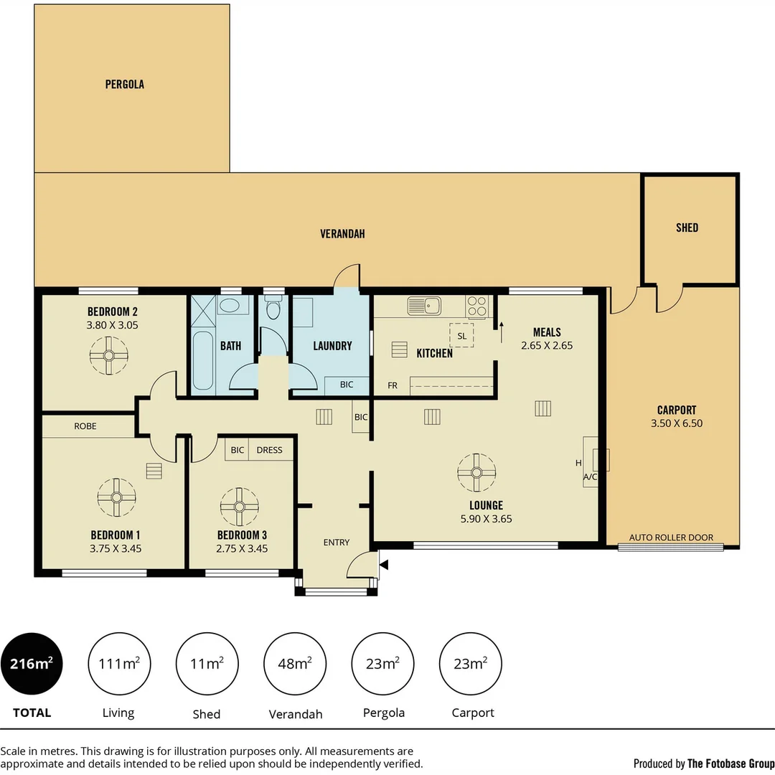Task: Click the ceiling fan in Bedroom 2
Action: click(x=108, y=355)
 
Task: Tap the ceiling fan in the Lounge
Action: click(x=476, y=471)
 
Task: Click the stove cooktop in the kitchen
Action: click(x=477, y=306)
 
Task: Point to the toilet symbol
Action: click(x=273, y=309)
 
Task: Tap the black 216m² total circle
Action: click(x=32, y=664)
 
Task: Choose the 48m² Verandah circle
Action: click(x=295, y=664)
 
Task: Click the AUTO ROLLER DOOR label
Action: click(x=671, y=537)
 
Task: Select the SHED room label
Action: click(x=687, y=227)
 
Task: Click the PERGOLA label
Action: click(x=125, y=84)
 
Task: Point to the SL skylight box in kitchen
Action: click(x=461, y=335)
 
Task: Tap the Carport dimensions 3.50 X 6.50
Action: click(x=676, y=423)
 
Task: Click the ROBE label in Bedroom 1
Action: click(x=85, y=426)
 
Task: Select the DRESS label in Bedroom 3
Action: click(x=269, y=450)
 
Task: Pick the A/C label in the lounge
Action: click(x=590, y=476)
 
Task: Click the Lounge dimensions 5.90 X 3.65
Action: click(x=486, y=519)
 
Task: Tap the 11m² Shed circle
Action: click(x=207, y=664)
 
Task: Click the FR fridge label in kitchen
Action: click(x=393, y=385)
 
